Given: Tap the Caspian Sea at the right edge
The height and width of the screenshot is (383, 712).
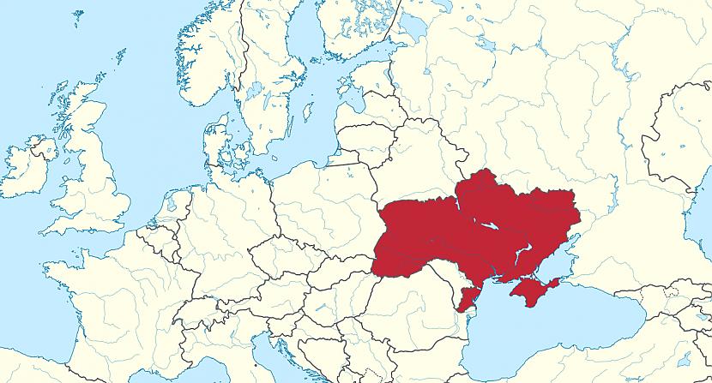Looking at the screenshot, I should coord(699,231).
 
